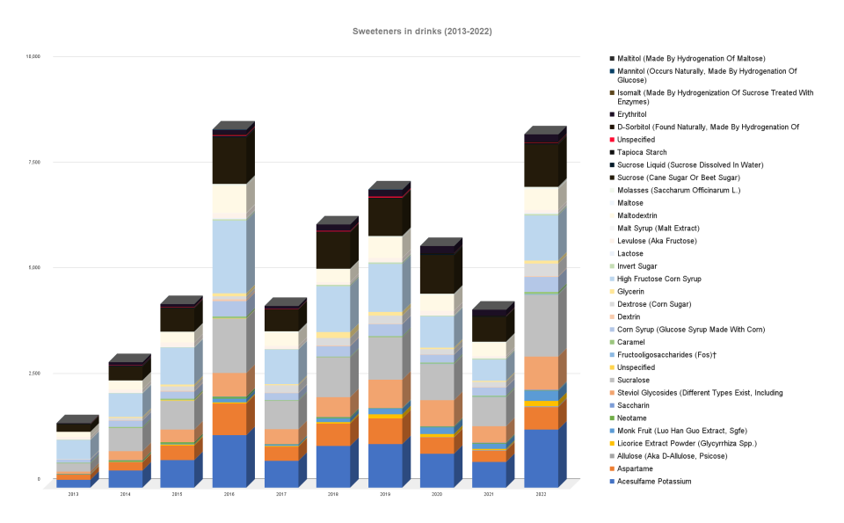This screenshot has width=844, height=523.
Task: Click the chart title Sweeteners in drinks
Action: [421, 32]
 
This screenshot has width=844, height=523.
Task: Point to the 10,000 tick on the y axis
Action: [33, 57]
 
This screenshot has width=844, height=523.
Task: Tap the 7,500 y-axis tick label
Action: [33, 163]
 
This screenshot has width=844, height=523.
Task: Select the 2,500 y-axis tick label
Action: [33, 374]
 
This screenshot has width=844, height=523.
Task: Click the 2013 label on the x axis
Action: [73, 496]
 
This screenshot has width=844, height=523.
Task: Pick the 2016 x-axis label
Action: [229, 496]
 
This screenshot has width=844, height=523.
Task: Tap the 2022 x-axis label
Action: [542, 496]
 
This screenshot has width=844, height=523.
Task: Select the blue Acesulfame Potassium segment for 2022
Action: [542, 457]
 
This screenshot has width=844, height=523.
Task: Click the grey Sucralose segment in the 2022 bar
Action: [542, 325]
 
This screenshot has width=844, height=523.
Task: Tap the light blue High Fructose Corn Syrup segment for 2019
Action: [385, 287]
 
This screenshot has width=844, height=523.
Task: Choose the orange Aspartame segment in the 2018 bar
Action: [333, 434]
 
